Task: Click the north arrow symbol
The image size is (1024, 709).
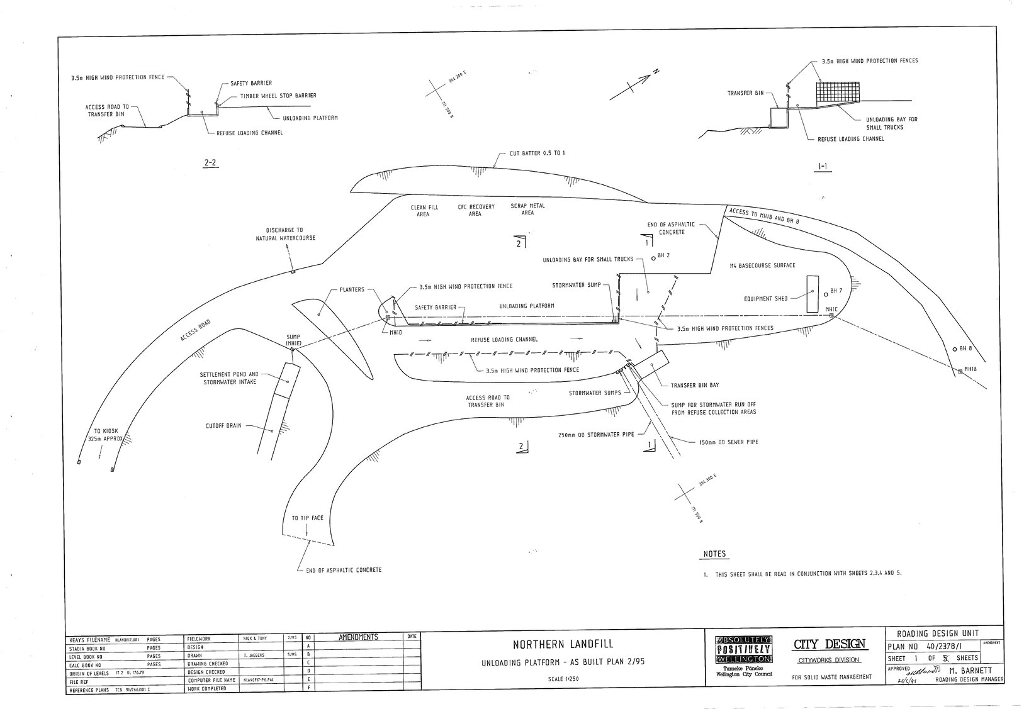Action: tap(632, 86)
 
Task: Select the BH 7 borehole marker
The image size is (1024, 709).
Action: tap(826, 292)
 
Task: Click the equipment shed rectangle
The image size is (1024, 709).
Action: tap(812, 294)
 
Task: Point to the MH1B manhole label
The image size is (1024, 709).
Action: tap(970, 369)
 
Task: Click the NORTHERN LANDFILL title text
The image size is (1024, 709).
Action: tap(562, 644)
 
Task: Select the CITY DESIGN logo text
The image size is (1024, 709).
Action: tap(830, 644)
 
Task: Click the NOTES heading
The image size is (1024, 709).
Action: tap(714, 554)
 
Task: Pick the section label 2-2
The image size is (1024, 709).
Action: tap(210, 162)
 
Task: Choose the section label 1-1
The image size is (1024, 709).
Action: tap(822, 167)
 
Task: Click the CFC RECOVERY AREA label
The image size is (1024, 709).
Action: tap(475, 210)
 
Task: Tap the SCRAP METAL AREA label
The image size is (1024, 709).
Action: tap(527, 209)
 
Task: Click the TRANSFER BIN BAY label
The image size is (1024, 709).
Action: tap(695, 385)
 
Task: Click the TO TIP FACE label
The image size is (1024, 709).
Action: tap(307, 518)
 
